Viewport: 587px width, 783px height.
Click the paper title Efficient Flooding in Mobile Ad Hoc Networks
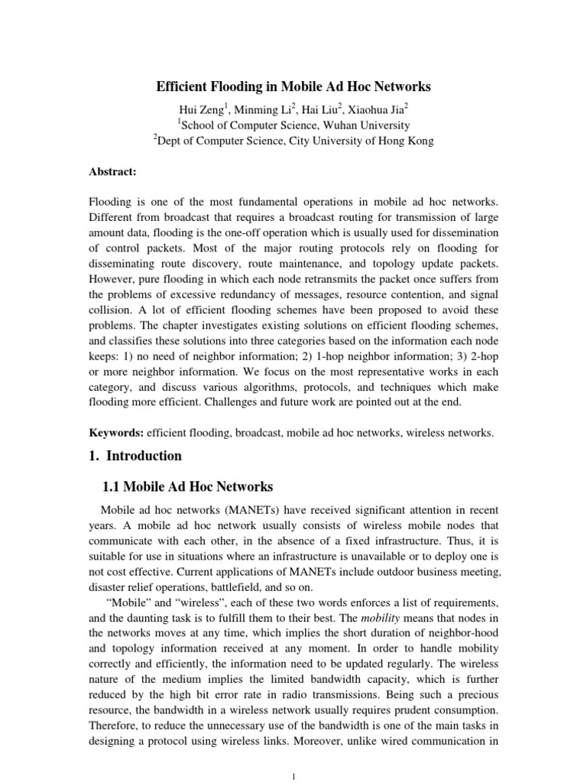(x=293, y=87)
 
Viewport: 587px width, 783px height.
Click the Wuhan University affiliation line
(x=293, y=125)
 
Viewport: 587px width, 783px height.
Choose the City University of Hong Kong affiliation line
(x=293, y=141)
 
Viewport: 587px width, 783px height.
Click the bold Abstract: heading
(x=112, y=172)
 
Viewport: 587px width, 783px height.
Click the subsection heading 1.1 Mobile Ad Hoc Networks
(x=187, y=487)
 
